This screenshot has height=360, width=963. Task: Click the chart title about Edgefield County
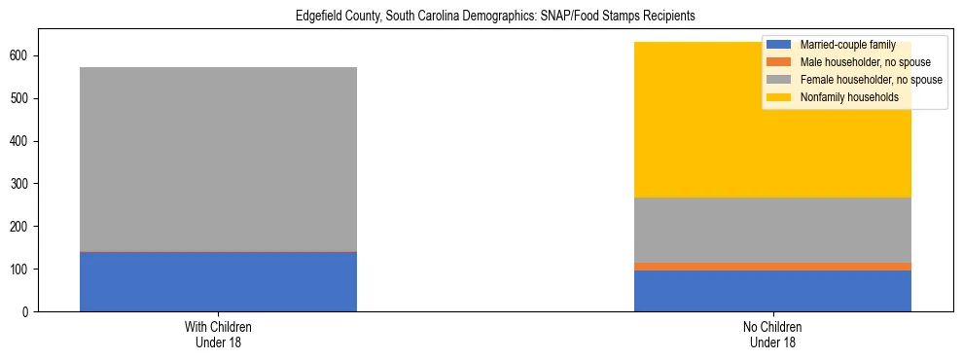(x=481, y=17)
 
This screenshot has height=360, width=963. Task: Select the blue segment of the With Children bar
(x=218, y=281)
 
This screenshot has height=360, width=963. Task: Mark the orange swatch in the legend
(x=779, y=62)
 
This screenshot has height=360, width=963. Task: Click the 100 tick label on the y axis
(x=20, y=269)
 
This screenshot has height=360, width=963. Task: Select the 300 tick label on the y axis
(x=20, y=184)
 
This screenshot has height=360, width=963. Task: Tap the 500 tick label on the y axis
(x=20, y=98)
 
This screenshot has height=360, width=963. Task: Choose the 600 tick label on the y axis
(x=20, y=55)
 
